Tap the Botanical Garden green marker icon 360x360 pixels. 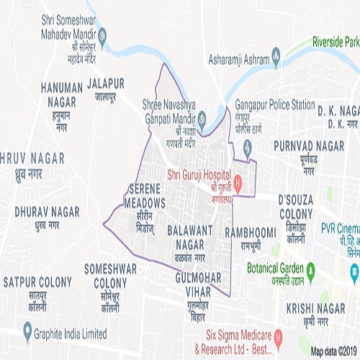click(x=311, y=273)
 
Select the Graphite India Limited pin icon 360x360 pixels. click(x=27, y=333)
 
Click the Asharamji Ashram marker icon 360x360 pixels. click(x=274, y=58)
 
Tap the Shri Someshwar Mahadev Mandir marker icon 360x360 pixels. click(x=102, y=33)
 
